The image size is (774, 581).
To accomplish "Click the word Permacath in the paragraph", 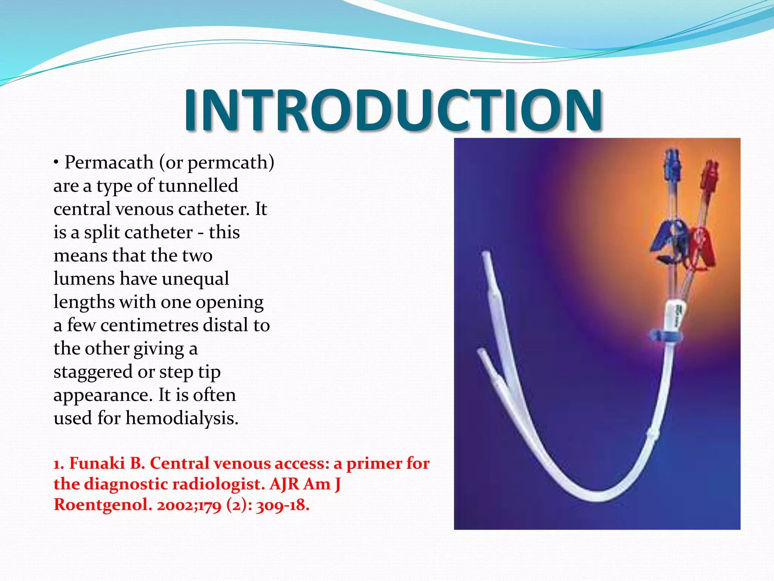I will click(x=109, y=163).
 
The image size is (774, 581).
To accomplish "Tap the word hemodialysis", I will click(x=182, y=418).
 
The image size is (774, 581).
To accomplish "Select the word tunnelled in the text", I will click(x=198, y=186).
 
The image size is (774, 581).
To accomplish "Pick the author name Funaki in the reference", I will click(x=97, y=463).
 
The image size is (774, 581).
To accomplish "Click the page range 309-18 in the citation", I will click(x=282, y=505).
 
